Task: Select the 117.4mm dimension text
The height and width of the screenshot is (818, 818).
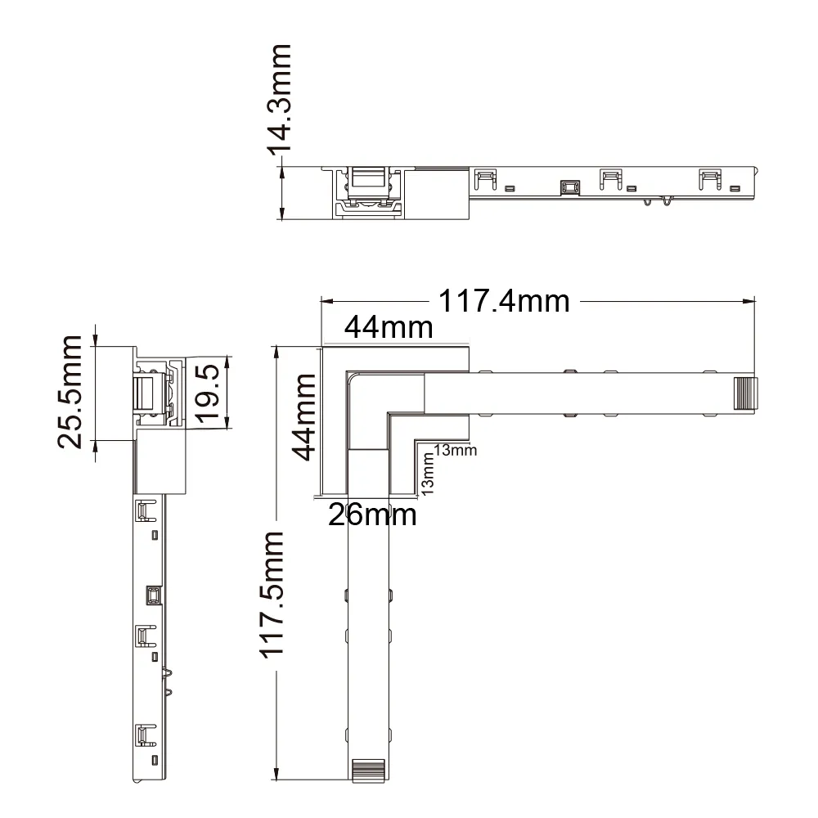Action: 504,301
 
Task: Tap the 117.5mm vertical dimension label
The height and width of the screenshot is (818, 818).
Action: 272,595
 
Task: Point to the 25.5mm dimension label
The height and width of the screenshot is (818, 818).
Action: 70,393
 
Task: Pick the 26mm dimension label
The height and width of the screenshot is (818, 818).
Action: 372,515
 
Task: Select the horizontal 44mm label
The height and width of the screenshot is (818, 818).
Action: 389,328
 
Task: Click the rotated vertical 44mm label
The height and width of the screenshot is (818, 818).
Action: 303,417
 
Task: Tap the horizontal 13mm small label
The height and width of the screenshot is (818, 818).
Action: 456,450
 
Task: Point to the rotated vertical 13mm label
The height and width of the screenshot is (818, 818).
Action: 427,474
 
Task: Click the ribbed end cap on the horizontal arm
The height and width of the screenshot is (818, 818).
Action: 745,393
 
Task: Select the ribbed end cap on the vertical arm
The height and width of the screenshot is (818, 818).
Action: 369,771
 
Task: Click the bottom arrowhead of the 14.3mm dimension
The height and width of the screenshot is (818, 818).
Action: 282,213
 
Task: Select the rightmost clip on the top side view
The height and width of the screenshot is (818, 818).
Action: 710,179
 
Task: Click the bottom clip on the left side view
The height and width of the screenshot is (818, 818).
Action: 146,735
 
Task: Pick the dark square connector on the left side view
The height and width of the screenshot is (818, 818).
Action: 154,596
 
